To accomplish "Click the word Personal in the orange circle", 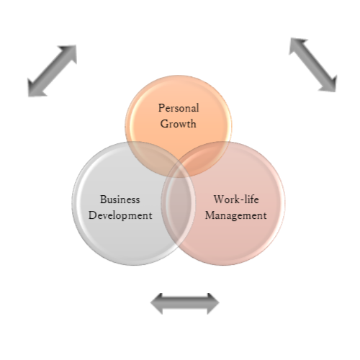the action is point(179,108).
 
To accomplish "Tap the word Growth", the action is point(178,124).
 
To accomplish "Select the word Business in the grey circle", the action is point(120,199).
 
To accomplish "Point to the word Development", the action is point(120,215).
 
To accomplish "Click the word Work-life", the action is point(236,199).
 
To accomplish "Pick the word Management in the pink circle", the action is point(235,215).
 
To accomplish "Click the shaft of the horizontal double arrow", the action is point(185,303).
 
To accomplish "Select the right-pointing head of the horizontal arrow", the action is point(212,303).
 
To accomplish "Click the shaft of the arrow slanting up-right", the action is point(53,71).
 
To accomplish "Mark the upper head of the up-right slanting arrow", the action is point(69,53).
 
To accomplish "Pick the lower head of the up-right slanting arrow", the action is point(35,88).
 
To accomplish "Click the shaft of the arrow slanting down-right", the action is point(313,65).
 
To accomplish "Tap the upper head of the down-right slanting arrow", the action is point(297,46).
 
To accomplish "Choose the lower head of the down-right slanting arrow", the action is point(330,84).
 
